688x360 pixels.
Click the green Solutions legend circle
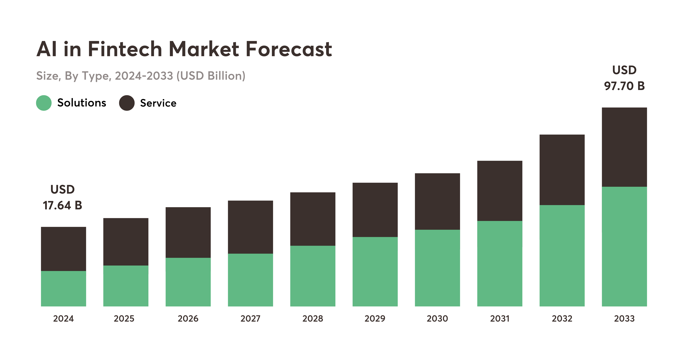click(44, 103)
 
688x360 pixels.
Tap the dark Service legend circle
click(127, 103)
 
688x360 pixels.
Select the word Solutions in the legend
click(82, 103)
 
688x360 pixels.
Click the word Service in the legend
click(158, 103)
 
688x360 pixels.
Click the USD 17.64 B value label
click(62, 197)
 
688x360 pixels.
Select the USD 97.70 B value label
click(624, 78)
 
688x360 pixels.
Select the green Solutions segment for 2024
click(63, 288)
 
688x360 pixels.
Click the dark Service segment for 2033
click(624, 147)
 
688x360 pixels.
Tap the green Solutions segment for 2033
click(624, 246)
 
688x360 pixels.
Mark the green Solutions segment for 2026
click(188, 282)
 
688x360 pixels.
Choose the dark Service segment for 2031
click(499, 191)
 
